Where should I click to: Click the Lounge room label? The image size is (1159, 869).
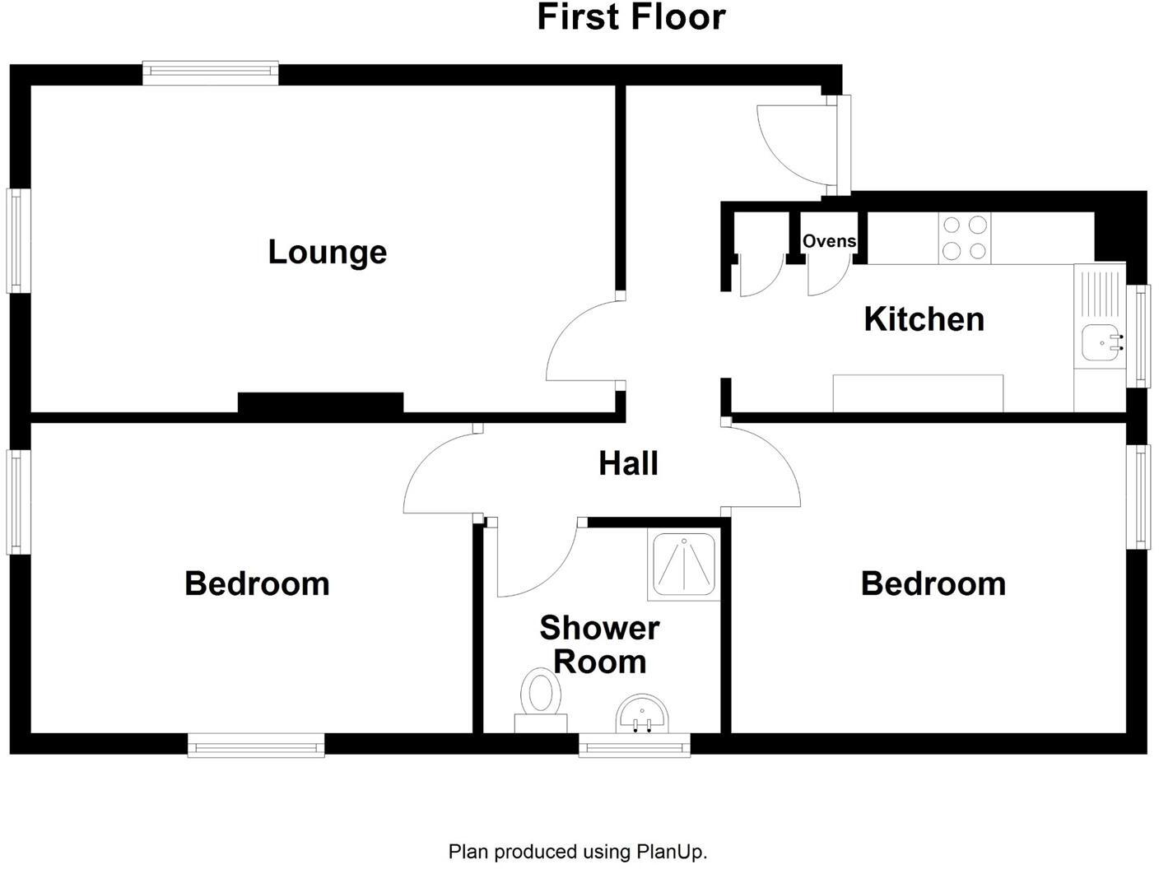tap(327, 252)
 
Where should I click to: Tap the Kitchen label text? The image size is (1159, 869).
tap(924, 319)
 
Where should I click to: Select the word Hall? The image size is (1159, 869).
tap(628, 463)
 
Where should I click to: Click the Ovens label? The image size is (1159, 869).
tap(829, 241)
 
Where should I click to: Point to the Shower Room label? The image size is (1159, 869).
tap(599, 645)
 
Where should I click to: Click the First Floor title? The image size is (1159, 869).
tap(631, 17)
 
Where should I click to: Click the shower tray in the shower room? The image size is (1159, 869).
tap(686, 565)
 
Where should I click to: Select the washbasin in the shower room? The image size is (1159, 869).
tap(642, 713)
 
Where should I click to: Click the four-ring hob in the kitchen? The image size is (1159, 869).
tap(965, 238)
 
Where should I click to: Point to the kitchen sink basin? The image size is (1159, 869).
tap(1100, 342)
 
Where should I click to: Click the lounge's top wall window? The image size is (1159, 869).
tap(211, 72)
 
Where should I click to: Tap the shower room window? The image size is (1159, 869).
tap(634, 746)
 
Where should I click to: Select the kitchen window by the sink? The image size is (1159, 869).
tap(1139, 335)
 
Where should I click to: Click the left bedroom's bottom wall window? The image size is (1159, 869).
tap(256, 746)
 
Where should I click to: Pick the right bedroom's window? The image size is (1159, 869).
tap(1138, 496)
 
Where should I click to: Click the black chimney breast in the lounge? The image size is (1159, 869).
tap(320, 402)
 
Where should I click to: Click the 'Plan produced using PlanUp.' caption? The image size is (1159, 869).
tap(578, 852)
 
